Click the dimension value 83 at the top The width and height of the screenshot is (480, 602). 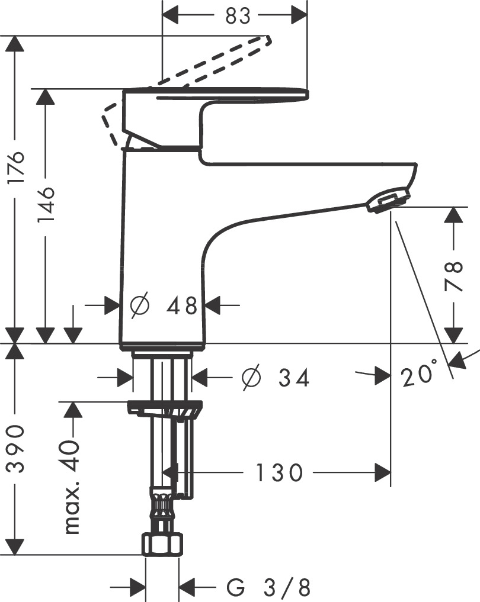coord(238,16)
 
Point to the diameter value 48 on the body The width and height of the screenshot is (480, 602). coord(181,306)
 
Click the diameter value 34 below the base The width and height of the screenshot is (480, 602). coord(294,377)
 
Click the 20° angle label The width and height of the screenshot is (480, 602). coord(419,375)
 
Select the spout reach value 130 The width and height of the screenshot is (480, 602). coord(279,472)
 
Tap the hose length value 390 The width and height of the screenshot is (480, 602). coord(16,448)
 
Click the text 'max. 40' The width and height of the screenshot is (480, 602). coord(72,487)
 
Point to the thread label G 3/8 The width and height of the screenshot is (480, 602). coord(268,588)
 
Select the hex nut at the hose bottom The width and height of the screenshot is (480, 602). coord(162,543)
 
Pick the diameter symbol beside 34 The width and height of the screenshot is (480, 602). coord(251,377)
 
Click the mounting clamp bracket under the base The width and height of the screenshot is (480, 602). coord(165,408)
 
